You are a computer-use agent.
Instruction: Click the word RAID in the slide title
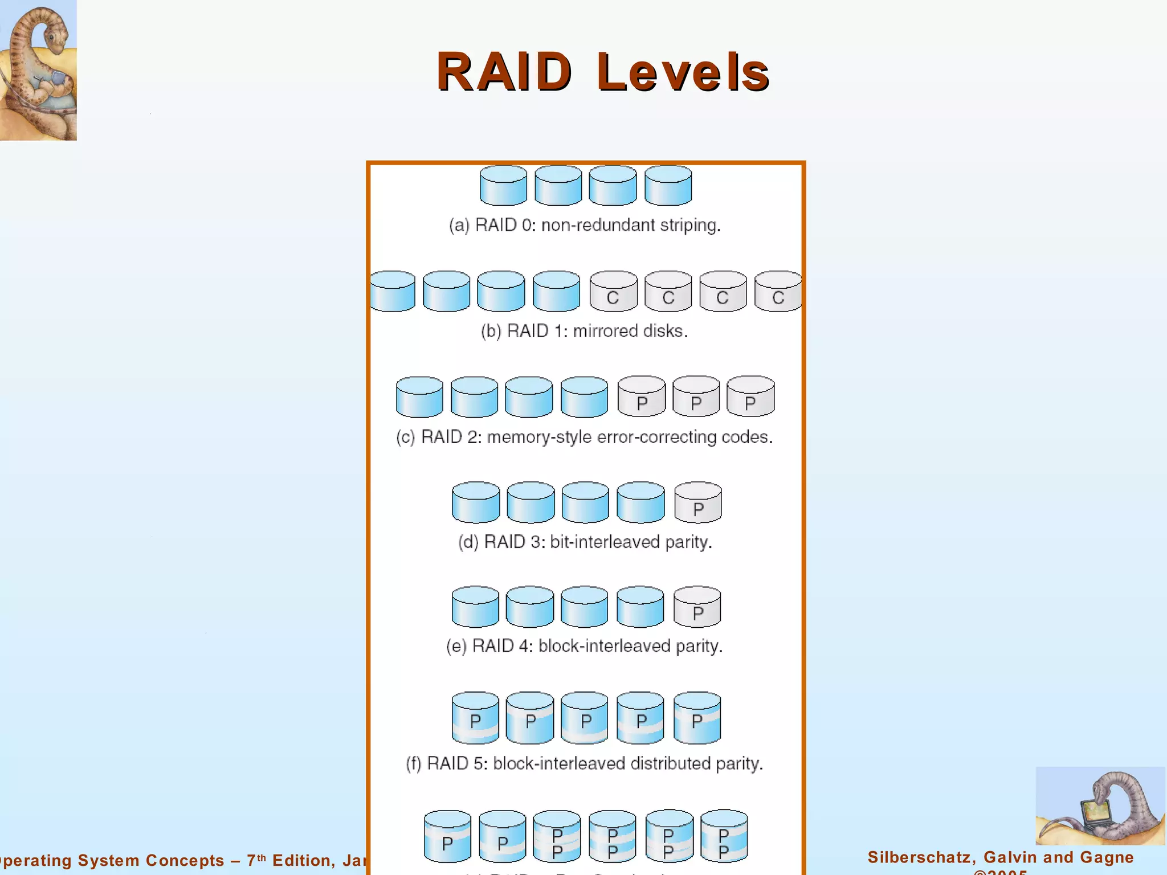point(504,72)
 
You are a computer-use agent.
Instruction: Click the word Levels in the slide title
point(683,72)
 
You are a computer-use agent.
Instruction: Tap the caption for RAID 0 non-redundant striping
point(585,225)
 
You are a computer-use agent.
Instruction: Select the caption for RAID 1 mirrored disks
point(585,331)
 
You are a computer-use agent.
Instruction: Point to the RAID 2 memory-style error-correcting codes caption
point(585,437)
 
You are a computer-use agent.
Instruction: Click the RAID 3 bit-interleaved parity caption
point(585,542)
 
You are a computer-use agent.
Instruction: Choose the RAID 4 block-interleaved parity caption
point(585,646)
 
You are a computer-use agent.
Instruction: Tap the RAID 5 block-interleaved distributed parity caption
point(585,763)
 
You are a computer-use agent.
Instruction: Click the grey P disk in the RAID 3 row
point(698,503)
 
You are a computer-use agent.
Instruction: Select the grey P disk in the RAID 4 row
point(697,607)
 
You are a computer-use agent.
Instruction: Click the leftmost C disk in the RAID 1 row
point(613,292)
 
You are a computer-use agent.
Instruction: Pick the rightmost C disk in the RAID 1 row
point(777,292)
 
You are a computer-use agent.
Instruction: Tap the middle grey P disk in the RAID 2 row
point(696,397)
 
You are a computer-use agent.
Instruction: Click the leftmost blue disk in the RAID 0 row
point(503,186)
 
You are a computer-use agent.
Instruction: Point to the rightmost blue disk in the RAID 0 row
point(668,186)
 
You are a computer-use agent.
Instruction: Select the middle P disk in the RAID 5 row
point(585,718)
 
